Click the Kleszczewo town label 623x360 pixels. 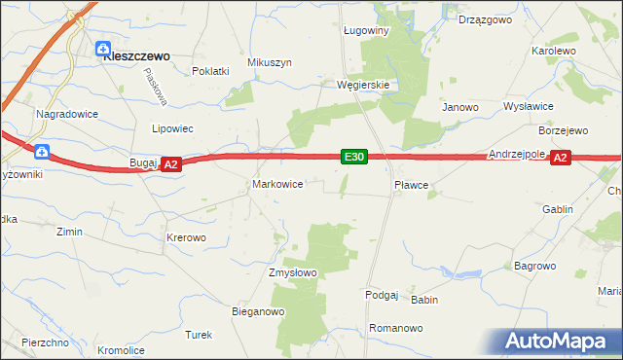point(137,56)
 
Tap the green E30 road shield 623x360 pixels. point(353,157)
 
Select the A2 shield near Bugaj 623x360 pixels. point(170,165)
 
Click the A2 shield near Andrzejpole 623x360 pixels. point(559,157)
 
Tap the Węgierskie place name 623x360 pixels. point(363,85)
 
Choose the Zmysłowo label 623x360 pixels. point(293,273)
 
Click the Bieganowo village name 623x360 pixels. point(257,312)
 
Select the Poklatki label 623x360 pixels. point(210,71)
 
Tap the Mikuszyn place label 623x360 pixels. point(270,62)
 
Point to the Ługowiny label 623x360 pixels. point(366,30)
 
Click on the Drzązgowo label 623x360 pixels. point(487,19)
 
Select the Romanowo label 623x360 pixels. point(396,329)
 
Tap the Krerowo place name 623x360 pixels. point(186,237)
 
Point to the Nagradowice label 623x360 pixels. point(62,114)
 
